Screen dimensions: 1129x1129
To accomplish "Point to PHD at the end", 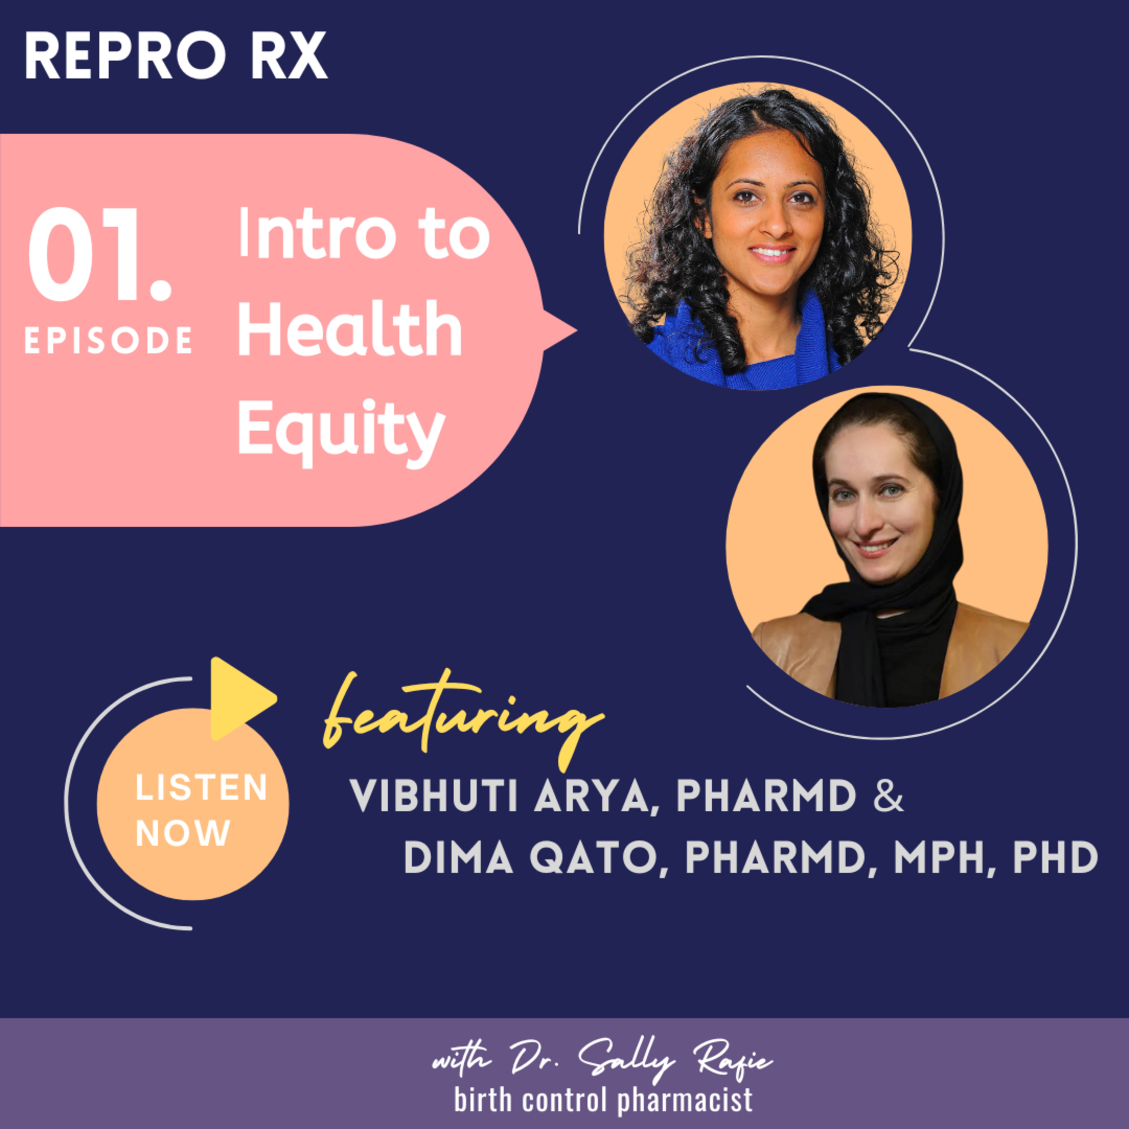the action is (1055, 857).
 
